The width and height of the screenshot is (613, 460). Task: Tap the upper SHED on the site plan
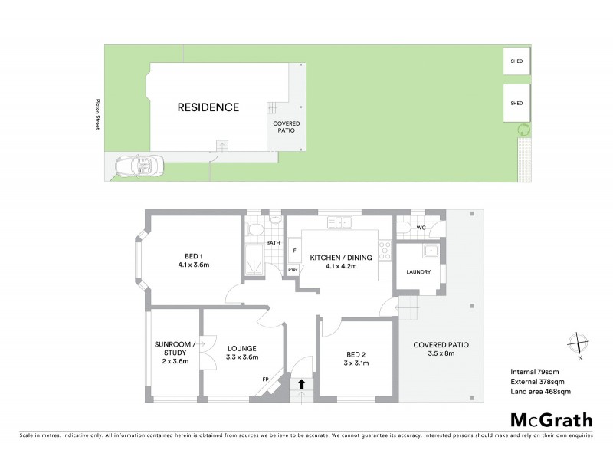(x=516, y=61)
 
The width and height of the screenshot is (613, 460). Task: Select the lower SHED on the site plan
(x=516, y=103)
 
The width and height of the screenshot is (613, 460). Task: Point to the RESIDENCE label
(x=208, y=107)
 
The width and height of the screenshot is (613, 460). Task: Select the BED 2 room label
(x=356, y=358)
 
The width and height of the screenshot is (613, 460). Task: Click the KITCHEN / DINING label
(x=341, y=262)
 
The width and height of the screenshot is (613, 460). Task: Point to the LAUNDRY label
(x=418, y=272)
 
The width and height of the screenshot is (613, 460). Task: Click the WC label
(x=421, y=228)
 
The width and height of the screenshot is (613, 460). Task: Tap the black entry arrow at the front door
(x=301, y=384)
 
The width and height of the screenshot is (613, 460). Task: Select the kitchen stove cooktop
(x=385, y=250)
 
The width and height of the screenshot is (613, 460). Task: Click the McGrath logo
(x=552, y=419)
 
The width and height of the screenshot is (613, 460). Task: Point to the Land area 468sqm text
(x=540, y=392)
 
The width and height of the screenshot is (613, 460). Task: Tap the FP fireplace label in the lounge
(x=265, y=379)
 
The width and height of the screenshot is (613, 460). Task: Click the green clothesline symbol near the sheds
(x=523, y=129)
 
